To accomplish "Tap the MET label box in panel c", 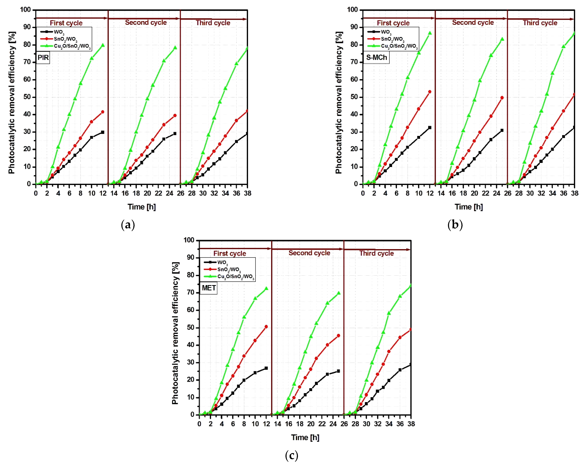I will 209,288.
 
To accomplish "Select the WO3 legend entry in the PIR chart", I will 59,32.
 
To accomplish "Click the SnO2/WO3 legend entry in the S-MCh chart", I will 392,39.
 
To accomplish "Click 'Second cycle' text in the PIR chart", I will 146,22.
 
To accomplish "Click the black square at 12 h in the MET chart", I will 266,368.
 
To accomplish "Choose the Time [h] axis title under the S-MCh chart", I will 469,207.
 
